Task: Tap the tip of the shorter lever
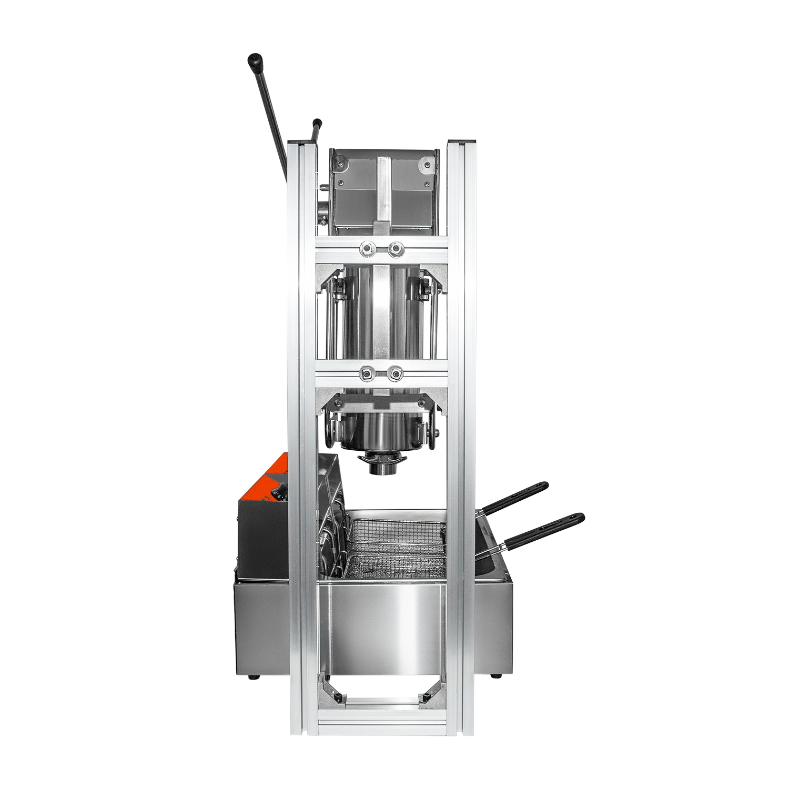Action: click(x=317, y=123)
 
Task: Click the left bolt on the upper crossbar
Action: click(x=364, y=247)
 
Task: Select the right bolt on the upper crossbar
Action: click(x=394, y=247)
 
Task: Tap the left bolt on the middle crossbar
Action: click(x=364, y=374)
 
